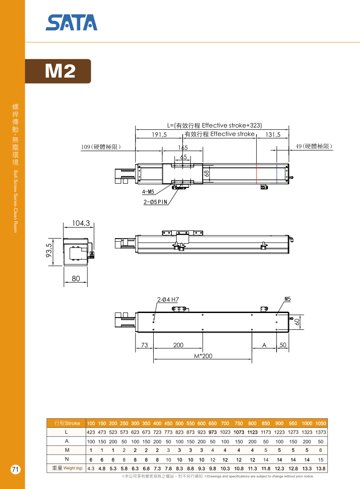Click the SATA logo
tap(71, 23)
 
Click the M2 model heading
tap(60, 71)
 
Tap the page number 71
tap(15, 469)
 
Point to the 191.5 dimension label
tap(159, 134)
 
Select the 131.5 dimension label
tap(273, 134)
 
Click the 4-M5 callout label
tap(148, 192)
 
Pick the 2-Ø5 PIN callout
tap(155, 202)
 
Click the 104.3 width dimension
tap(81, 223)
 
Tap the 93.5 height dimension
tap(49, 250)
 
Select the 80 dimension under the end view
tap(76, 279)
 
